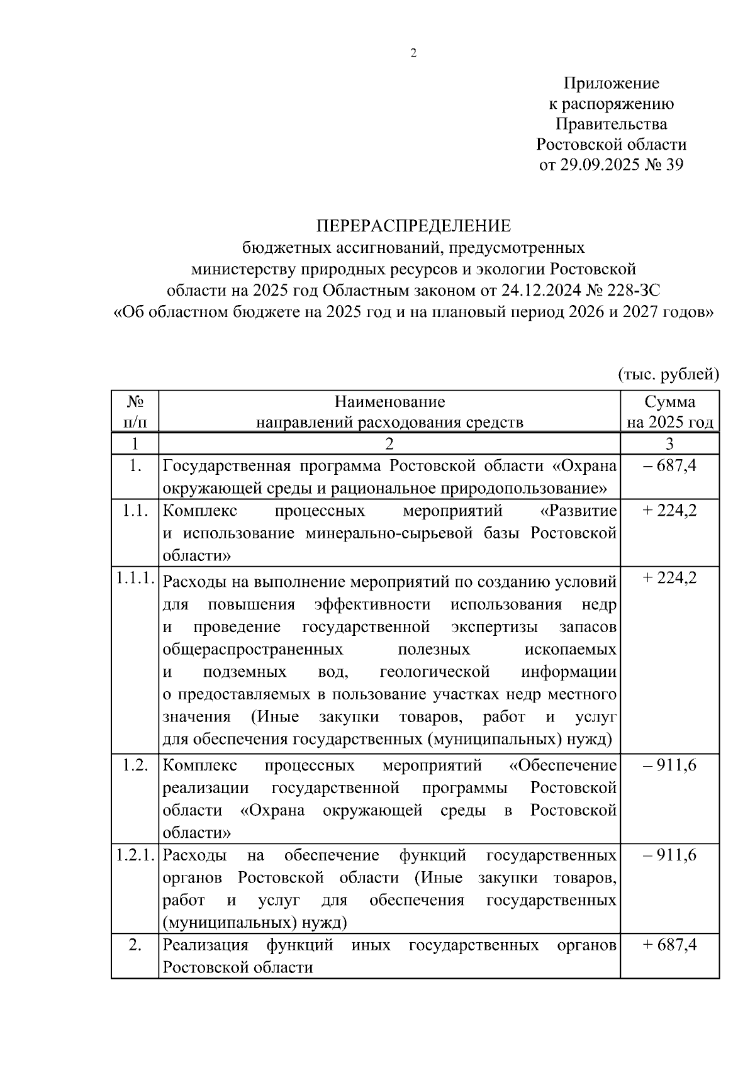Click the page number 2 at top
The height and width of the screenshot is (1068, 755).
click(413, 54)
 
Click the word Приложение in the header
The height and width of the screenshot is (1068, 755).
click(611, 83)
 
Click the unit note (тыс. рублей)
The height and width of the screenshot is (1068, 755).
click(668, 375)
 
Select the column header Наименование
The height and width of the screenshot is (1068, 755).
click(389, 402)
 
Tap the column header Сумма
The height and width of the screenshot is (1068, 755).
click(670, 402)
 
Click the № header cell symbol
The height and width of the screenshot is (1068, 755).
click(135, 402)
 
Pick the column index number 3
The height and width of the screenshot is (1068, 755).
click(670, 444)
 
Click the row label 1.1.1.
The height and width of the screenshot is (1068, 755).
click(135, 578)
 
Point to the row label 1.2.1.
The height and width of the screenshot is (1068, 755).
click(135, 855)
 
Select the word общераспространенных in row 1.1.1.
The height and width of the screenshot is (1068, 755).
click(253, 649)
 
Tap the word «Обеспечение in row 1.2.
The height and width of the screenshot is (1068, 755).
click(562, 765)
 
